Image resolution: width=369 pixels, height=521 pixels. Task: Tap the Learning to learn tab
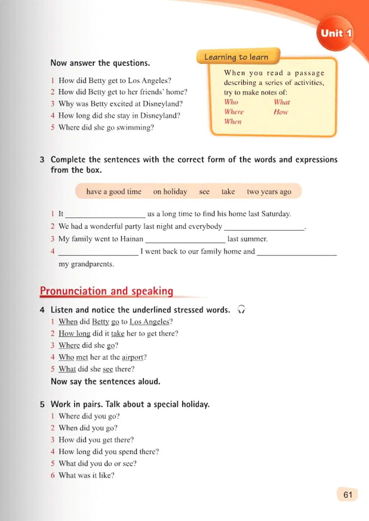coord(237,57)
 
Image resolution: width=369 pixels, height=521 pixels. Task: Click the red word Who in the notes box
coord(231,102)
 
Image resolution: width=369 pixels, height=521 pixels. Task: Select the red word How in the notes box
coord(281,112)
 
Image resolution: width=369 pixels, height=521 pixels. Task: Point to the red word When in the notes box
coord(233,122)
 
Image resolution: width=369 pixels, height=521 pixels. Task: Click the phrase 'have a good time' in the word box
coord(114,191)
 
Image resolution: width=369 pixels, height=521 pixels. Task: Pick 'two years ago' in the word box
coord(269,191)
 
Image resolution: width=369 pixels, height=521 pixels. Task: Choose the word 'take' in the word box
coord(228,191)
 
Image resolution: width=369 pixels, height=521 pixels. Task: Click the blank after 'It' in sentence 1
coord(105,214)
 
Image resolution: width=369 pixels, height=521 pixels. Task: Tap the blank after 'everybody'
coord(264,227)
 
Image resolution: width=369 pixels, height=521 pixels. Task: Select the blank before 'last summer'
coord(185,239)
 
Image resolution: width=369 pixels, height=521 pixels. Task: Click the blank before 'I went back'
coord(98,252)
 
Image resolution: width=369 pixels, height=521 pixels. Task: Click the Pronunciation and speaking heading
coord(106,291)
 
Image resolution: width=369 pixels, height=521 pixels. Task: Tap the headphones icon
coord(241,309)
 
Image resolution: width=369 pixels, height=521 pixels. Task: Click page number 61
coord(347,495)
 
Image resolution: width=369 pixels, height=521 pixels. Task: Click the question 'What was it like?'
coord(86,475)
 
